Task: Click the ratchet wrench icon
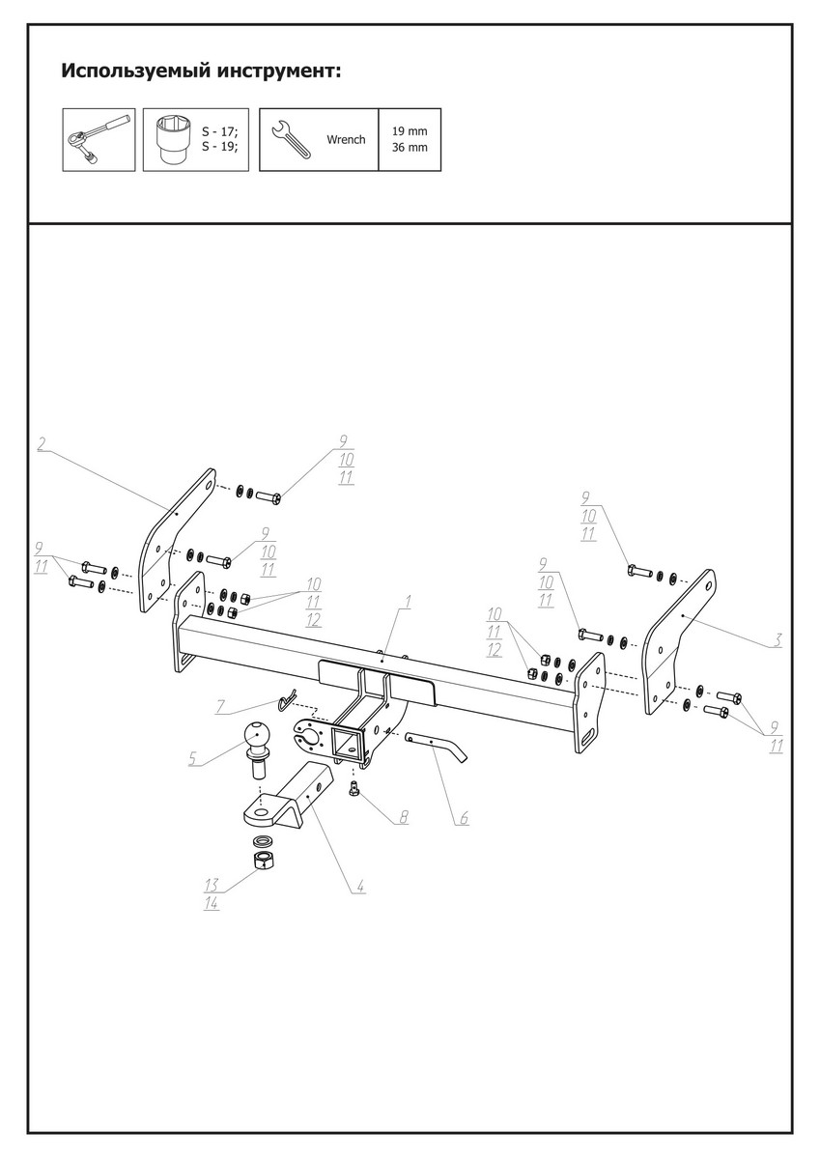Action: [99, 139]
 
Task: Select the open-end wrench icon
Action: [292, 140]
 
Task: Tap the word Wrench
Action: [346, 140]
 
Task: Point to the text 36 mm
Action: [410, 149]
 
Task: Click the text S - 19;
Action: [219, 147]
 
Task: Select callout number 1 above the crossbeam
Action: [408, 602]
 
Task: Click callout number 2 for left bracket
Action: [42, 443]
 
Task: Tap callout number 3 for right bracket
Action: [778, 640]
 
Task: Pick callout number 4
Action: [359, 885]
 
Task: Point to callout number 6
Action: [464, 818]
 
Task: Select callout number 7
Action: [220, 707]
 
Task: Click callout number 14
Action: [212, 903]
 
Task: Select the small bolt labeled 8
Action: [354, 791]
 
